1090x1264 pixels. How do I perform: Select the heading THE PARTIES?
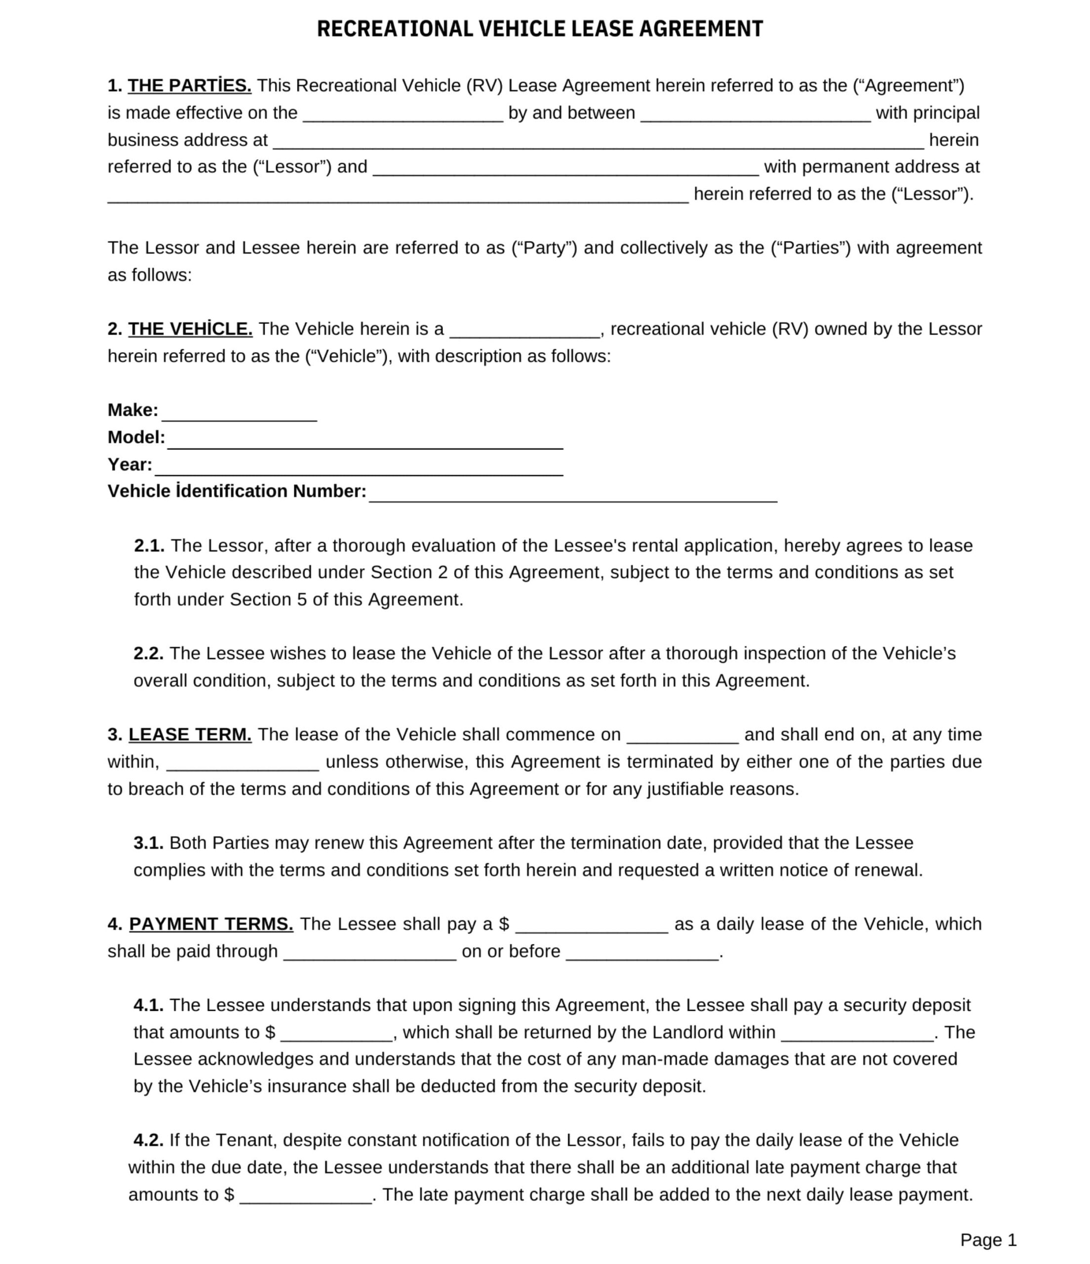coord(189,86)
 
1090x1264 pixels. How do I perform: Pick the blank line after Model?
coord(365,442)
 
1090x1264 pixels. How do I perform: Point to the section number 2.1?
coord(149,546)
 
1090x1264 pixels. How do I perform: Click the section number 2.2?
coord(148,653)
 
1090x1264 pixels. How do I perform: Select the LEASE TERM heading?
coord(190,735)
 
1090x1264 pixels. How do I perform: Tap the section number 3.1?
coord(148,843)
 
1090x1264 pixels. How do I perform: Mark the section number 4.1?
coord(148,1005)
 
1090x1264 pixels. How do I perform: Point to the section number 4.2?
coord(148,1140)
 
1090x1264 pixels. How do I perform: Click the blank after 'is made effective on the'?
coord(403,116)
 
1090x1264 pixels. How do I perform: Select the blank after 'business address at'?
coord(598,143)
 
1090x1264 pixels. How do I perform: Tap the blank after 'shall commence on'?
coord(683,738)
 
